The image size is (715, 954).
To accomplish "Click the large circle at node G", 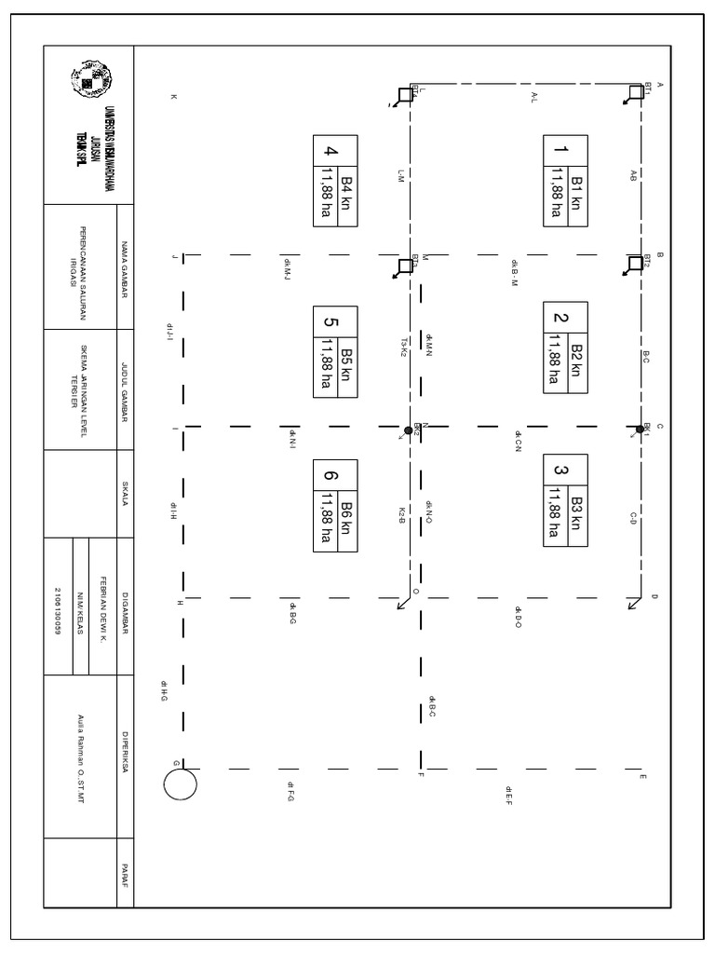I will pos(180,783).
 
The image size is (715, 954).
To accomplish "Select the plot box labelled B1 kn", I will pos(566,180).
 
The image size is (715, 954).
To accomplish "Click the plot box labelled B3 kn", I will pos(566,503).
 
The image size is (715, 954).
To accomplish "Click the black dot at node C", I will pos(640,429).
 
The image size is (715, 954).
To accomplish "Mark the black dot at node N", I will pos(408,430).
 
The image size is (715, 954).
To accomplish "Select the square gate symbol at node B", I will pos(637,266).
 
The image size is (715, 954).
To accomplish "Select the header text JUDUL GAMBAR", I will pos(125,392).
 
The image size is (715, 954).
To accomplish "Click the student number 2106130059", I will pos(59,607).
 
